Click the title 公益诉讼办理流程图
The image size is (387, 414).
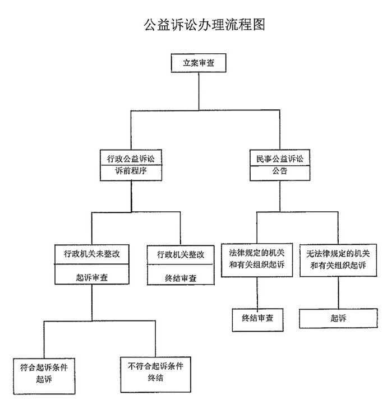[204, 25]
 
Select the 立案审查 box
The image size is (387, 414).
[199, 63]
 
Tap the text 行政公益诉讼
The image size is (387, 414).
[131, 159]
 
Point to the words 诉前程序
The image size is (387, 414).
[131, 171]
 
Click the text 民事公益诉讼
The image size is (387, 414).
[280, 159]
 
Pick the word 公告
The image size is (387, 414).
[280, 171]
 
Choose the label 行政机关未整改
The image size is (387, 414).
[92, 254]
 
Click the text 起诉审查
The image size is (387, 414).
[92, 277]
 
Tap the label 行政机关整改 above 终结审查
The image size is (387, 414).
[181, 254]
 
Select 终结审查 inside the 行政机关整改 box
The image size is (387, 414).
[181, 278]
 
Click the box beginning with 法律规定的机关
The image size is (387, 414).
[257, 260]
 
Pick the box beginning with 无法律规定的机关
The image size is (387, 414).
[338, 261]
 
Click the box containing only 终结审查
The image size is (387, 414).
[258, 320]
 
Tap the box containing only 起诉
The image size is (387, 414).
[338, 318]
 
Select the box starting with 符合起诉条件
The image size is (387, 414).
[44, 376]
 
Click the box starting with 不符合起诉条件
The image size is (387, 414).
[156, 375]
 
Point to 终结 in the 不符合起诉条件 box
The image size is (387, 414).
[155, 378]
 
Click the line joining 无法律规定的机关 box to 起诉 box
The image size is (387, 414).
[338, 292]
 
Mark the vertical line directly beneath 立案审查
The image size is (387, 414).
[199, 91]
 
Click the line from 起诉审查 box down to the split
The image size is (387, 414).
[92, 303]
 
